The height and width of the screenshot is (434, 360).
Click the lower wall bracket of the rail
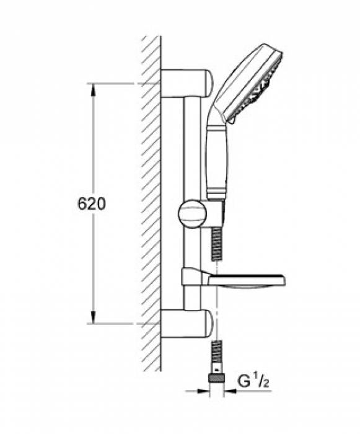pos(186,324)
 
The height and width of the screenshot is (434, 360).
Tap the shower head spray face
pos(260,84)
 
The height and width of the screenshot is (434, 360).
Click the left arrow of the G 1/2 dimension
pos(204,391)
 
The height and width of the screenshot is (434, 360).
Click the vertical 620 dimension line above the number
pos(94,143)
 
